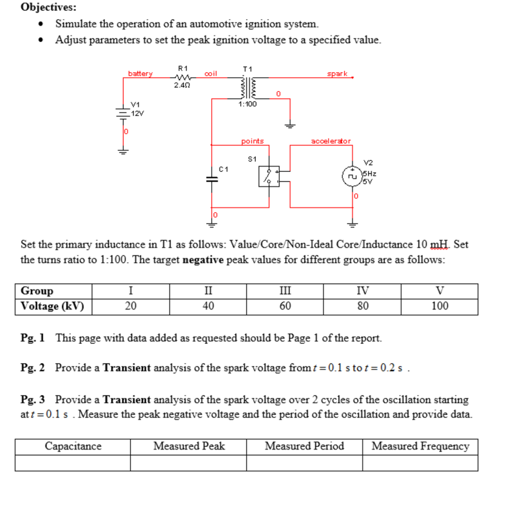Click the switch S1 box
(x=269, y=176)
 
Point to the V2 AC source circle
(x=351, y=176)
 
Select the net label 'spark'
(x=337, y=74)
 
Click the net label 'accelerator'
(x=331, y=141)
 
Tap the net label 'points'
(x=252, y=141)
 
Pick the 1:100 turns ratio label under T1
(x=248, y=104)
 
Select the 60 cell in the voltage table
(x=285, y=306)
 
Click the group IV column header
(x=363, y=291)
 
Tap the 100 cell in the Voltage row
(x=440, y=306)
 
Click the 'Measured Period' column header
(x=304, y=447)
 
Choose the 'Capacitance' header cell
(x=73, y=447)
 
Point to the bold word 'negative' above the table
(x=203, y=260)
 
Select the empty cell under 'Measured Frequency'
(x=420, y=463)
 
